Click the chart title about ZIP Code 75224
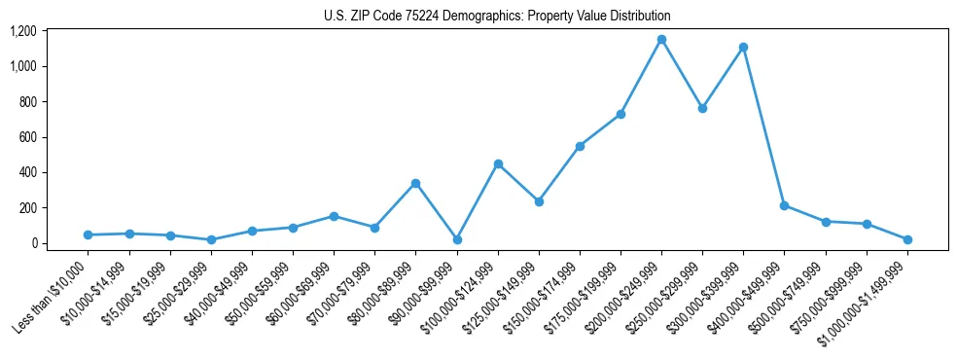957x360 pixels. (497, 16)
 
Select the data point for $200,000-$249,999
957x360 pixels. (661, 40)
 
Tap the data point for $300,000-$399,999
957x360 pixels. (743, 47)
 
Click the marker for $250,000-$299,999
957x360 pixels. (702, 108)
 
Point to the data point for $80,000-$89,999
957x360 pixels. (415, 183)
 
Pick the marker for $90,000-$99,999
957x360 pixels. (457, 239)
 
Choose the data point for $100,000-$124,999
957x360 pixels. (498, 163)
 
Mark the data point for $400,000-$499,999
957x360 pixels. (784, 205)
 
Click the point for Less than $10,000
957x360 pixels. (89, 234)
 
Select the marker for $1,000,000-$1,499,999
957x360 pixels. (907, 239)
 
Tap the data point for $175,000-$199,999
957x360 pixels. (620, 114)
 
